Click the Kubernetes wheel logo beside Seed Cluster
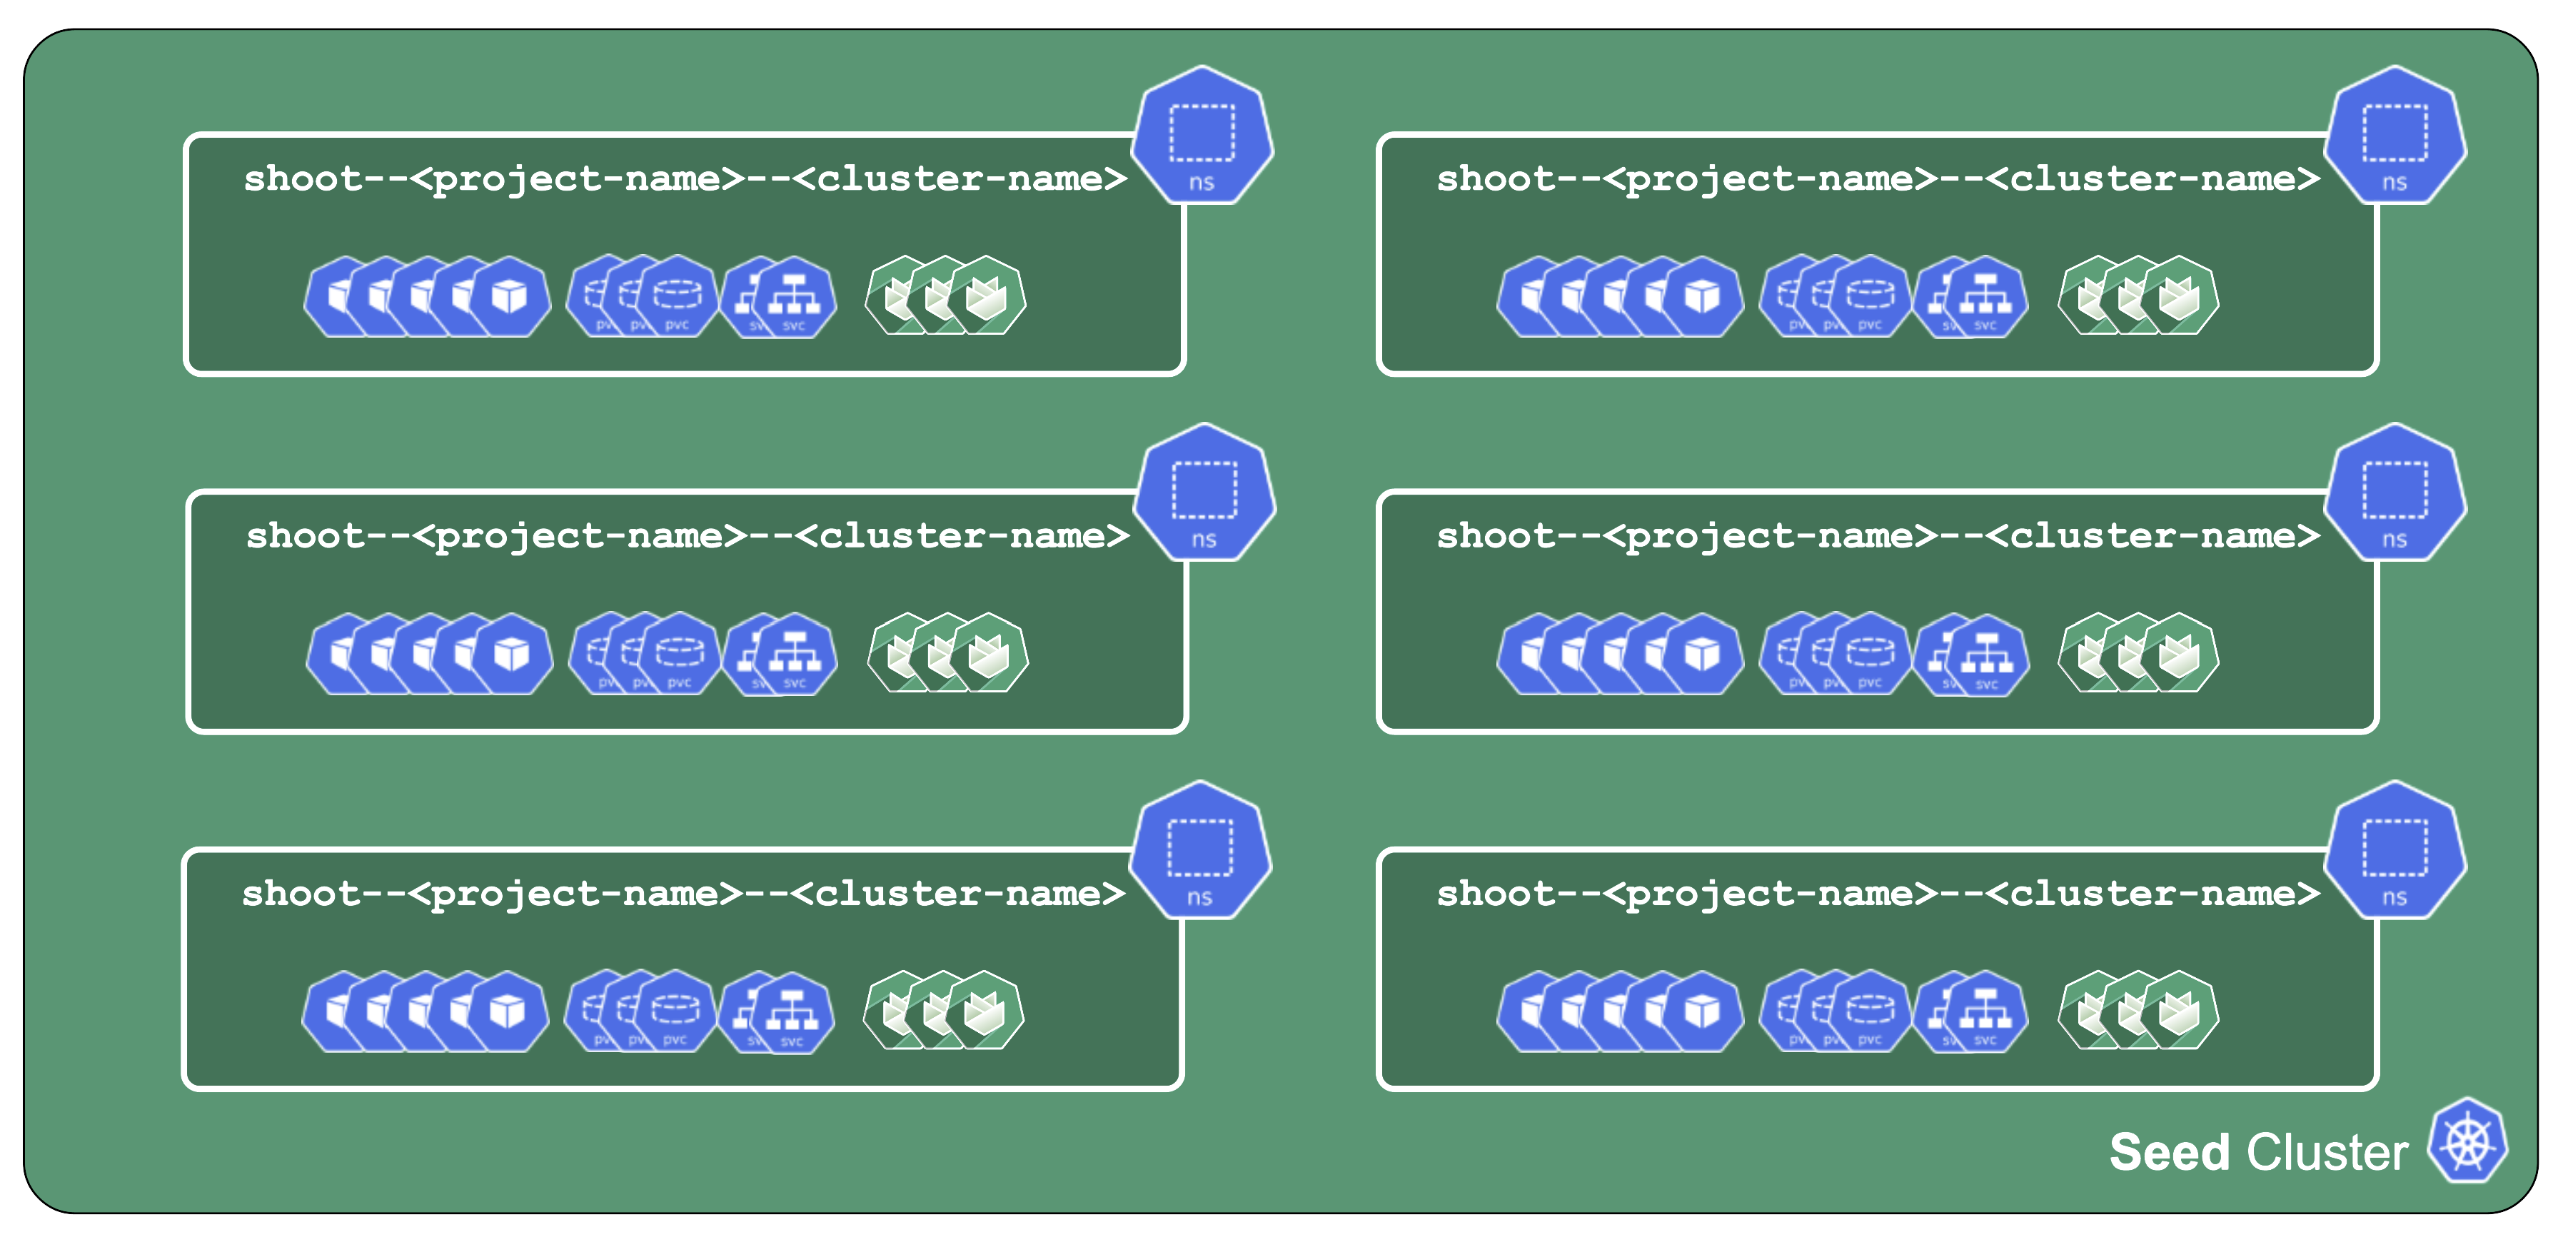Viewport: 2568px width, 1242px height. click(2467, 1141)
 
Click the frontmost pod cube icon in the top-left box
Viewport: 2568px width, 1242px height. click(510, 297)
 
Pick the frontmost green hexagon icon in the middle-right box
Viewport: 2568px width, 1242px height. click(2179, 655)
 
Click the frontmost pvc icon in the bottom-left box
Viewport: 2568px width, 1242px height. click(675, 1011)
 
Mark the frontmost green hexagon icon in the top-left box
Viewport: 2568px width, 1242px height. click(986, 297)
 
